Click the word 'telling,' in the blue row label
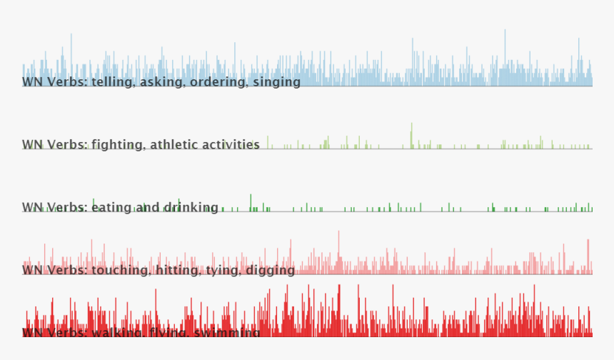click(114, 82)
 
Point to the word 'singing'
click(277, 82)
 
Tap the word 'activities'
click(229, 145)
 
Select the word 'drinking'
click(191, 208)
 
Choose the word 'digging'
click(271, 271)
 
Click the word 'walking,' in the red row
click(118, 333)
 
